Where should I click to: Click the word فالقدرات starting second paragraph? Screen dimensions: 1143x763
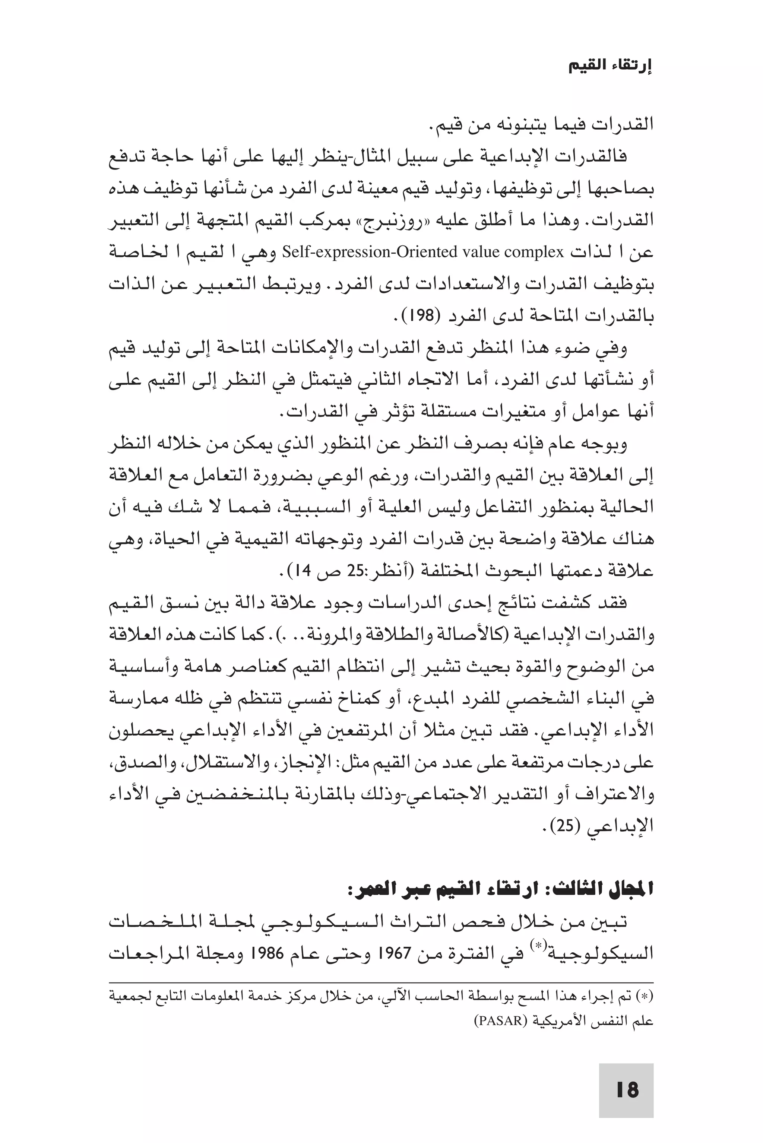(598, 157)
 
